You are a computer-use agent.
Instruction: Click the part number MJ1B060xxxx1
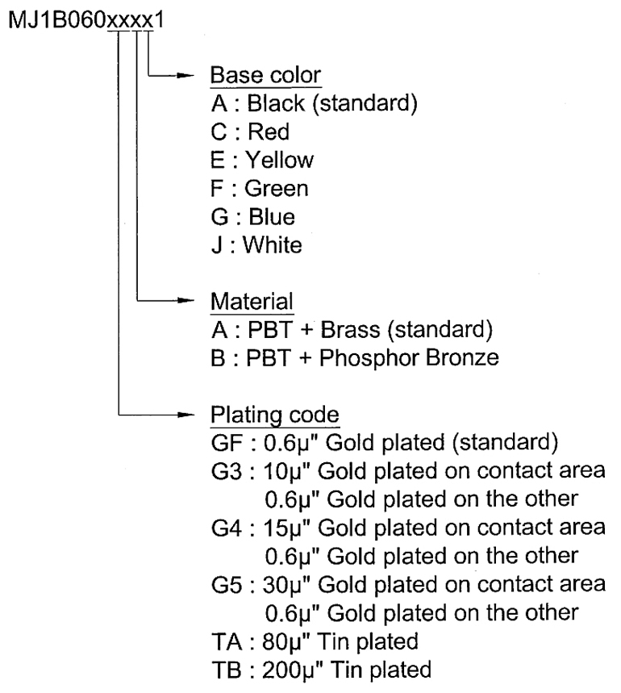coord(86,20)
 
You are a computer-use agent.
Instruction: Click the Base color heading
coord(265,75)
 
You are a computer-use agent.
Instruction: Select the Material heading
coord(252,302)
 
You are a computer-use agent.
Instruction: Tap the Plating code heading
coord(275,415)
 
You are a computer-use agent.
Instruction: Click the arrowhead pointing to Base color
coord(185,76)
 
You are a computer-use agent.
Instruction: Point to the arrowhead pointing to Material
coord(185,301)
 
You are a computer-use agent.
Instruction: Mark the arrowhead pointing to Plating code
coord(185,415)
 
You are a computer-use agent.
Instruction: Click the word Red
coord(269,132)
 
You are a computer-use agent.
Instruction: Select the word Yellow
coord(280,160)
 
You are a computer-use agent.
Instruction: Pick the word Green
coord(277,189)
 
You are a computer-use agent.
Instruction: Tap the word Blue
coord(272,217)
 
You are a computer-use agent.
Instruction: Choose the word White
coord(273,245)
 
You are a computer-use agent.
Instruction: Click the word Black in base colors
coord(276,103)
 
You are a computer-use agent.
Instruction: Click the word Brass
coord(350,330)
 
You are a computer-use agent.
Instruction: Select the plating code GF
coord(227,443)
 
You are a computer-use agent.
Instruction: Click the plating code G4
coord(227,528)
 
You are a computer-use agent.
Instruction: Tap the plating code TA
coord(227,642)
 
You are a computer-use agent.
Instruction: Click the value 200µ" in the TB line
coord(292,670)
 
